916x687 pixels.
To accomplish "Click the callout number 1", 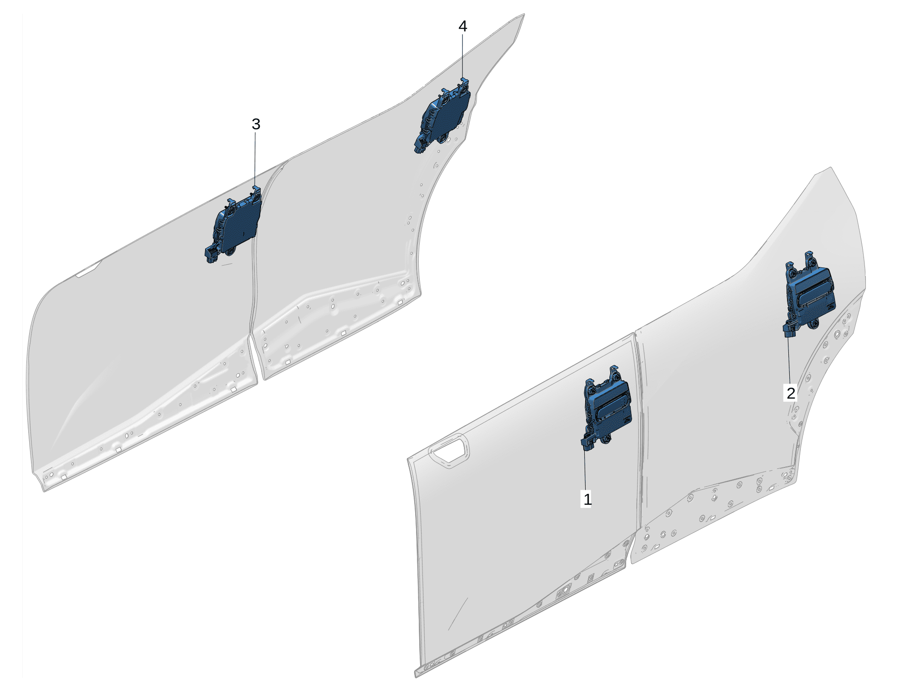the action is [x=587, y=499].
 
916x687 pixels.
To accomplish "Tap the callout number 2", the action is [x=791, y=393].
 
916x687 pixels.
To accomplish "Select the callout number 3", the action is [x=256, y=124].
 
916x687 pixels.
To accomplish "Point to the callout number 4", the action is [x=463, y=26].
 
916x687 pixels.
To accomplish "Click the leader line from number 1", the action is [x=585, y=470].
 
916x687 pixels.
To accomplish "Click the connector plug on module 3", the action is [x=211, y=255].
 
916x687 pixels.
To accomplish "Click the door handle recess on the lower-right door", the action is [x=449, y=451].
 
